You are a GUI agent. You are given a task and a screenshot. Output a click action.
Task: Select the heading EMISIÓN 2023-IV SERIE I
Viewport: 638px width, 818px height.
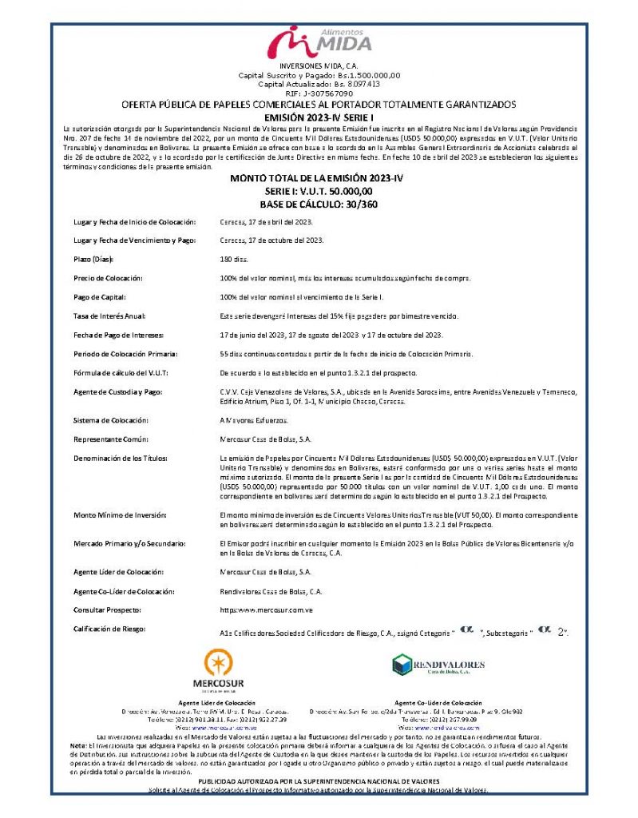pyautogui.click(x=319, y=117)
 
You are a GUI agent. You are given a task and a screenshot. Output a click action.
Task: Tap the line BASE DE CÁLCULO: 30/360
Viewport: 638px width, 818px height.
pyautogui.click(x=319, y=204)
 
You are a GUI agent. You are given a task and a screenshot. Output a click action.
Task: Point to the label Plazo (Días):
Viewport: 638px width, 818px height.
pyautogui.click(x=94, y=260)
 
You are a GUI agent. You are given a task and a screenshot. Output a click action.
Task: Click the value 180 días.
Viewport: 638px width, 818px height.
pyautogui.click(x=234, y=260)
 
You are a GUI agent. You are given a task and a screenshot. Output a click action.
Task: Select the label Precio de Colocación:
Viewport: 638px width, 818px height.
pyautogui.click(x=108, y=278)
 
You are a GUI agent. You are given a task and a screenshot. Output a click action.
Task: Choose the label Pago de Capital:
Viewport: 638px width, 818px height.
pyautogui.click(x=101, y=297)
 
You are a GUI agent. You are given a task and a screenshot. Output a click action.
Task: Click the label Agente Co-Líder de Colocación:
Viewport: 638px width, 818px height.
pyautogui.click(x=125, y=591)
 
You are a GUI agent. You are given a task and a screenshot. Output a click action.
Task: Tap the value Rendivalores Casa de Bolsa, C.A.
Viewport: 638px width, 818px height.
pyautogui.click(x=271, y=591)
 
